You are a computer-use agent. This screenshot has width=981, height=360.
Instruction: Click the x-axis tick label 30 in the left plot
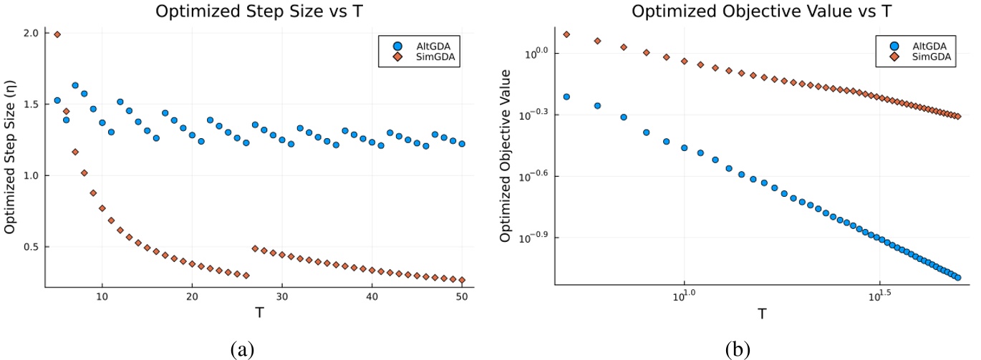[x=282, y=296]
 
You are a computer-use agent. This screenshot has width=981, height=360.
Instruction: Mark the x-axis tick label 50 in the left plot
[x=462, y=296]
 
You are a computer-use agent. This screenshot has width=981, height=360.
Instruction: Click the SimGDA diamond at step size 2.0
[x=57, y=34]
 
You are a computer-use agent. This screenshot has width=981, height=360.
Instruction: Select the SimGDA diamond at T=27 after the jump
[x=255, y=248]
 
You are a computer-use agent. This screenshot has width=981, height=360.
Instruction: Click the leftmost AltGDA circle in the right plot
[x=566, y=97]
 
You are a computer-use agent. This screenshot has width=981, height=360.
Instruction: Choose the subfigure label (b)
[x=737, y=349]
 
